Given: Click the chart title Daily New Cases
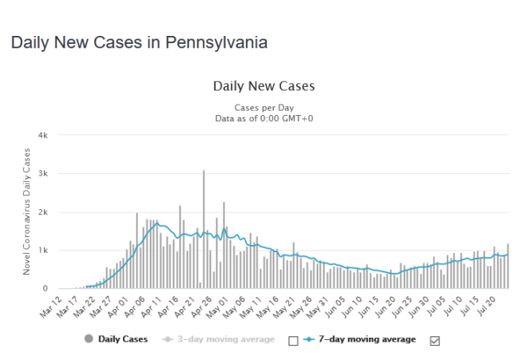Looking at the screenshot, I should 263,85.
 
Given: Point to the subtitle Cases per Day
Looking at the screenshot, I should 263,106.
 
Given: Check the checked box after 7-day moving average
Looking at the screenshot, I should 435,340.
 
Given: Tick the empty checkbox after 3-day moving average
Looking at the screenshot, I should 293,340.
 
